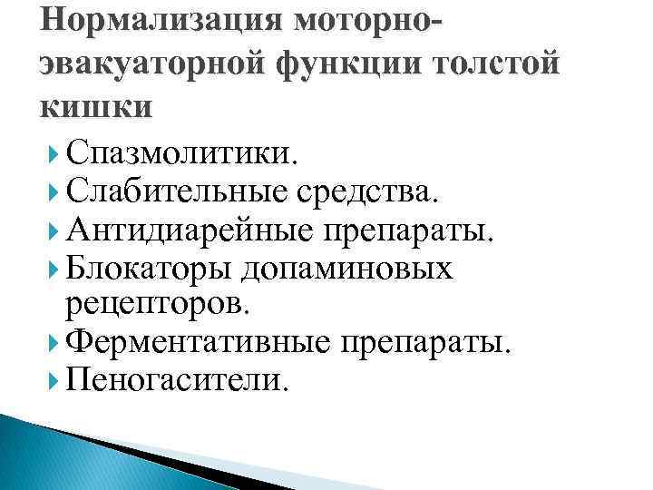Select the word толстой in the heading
497,64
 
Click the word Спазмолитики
180,151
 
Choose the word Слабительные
180,191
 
